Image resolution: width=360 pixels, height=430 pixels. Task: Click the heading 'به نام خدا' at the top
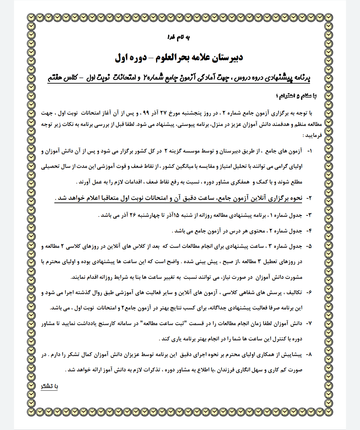tap(178, 37)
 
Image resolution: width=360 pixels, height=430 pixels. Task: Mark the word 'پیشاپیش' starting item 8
tap(293, 355)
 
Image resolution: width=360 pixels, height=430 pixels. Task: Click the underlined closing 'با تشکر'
tap(49, 386)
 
